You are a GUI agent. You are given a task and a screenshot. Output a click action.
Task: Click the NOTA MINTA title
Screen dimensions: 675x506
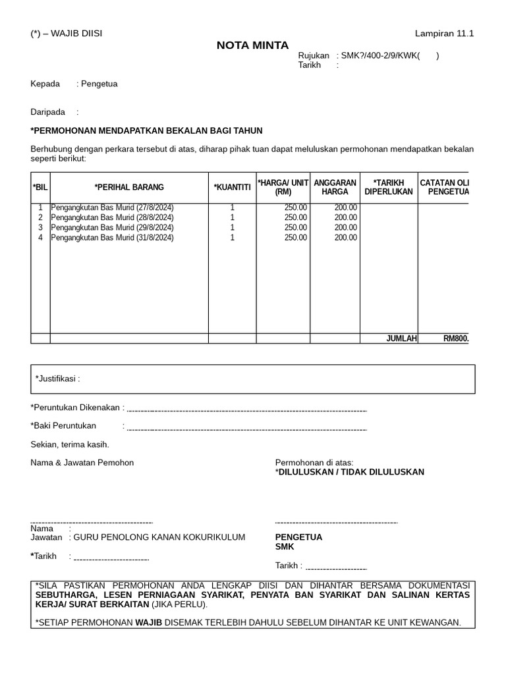tap(253, 45)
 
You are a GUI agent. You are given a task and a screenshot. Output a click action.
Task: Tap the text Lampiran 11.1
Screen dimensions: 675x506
tap(444, 34)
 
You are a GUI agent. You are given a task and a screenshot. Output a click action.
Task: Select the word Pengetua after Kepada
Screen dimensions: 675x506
tap(99, 84)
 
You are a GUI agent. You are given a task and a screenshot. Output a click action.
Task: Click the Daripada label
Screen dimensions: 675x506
tap(48, 112)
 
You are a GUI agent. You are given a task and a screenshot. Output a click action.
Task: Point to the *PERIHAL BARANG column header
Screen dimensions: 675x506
tap(129, 187)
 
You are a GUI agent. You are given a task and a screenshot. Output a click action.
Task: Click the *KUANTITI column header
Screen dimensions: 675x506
tap(232, 187)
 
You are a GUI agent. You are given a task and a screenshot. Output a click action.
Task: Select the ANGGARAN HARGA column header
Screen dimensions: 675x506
tap(335, 187)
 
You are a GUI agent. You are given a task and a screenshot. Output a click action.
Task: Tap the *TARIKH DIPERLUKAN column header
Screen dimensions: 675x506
tap(388, 187)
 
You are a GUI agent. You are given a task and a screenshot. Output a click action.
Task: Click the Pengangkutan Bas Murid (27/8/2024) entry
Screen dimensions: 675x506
tap(112, 208)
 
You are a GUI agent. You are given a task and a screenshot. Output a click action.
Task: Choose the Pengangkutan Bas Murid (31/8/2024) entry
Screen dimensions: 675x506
tap(112, 237)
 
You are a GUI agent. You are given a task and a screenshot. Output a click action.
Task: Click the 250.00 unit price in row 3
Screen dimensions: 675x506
tap(295, 227)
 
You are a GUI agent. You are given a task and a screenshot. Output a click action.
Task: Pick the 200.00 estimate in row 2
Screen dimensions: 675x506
tap(346, 218)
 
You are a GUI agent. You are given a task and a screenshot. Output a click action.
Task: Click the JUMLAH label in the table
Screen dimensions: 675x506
tap(401, 339)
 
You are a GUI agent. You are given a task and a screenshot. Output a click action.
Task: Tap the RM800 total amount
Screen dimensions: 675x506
tap(455, 339)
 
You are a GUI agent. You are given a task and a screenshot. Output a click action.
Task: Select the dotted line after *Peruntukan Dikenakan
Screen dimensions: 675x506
tap(246, 409)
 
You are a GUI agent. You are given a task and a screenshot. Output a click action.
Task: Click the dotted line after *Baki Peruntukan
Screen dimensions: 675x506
tap(246, 428)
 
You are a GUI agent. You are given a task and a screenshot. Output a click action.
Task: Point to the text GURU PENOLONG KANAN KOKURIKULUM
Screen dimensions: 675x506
tap(159, 537)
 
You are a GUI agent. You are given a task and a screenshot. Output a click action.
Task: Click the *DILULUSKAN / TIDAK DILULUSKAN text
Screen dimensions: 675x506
tap(350, 472)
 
